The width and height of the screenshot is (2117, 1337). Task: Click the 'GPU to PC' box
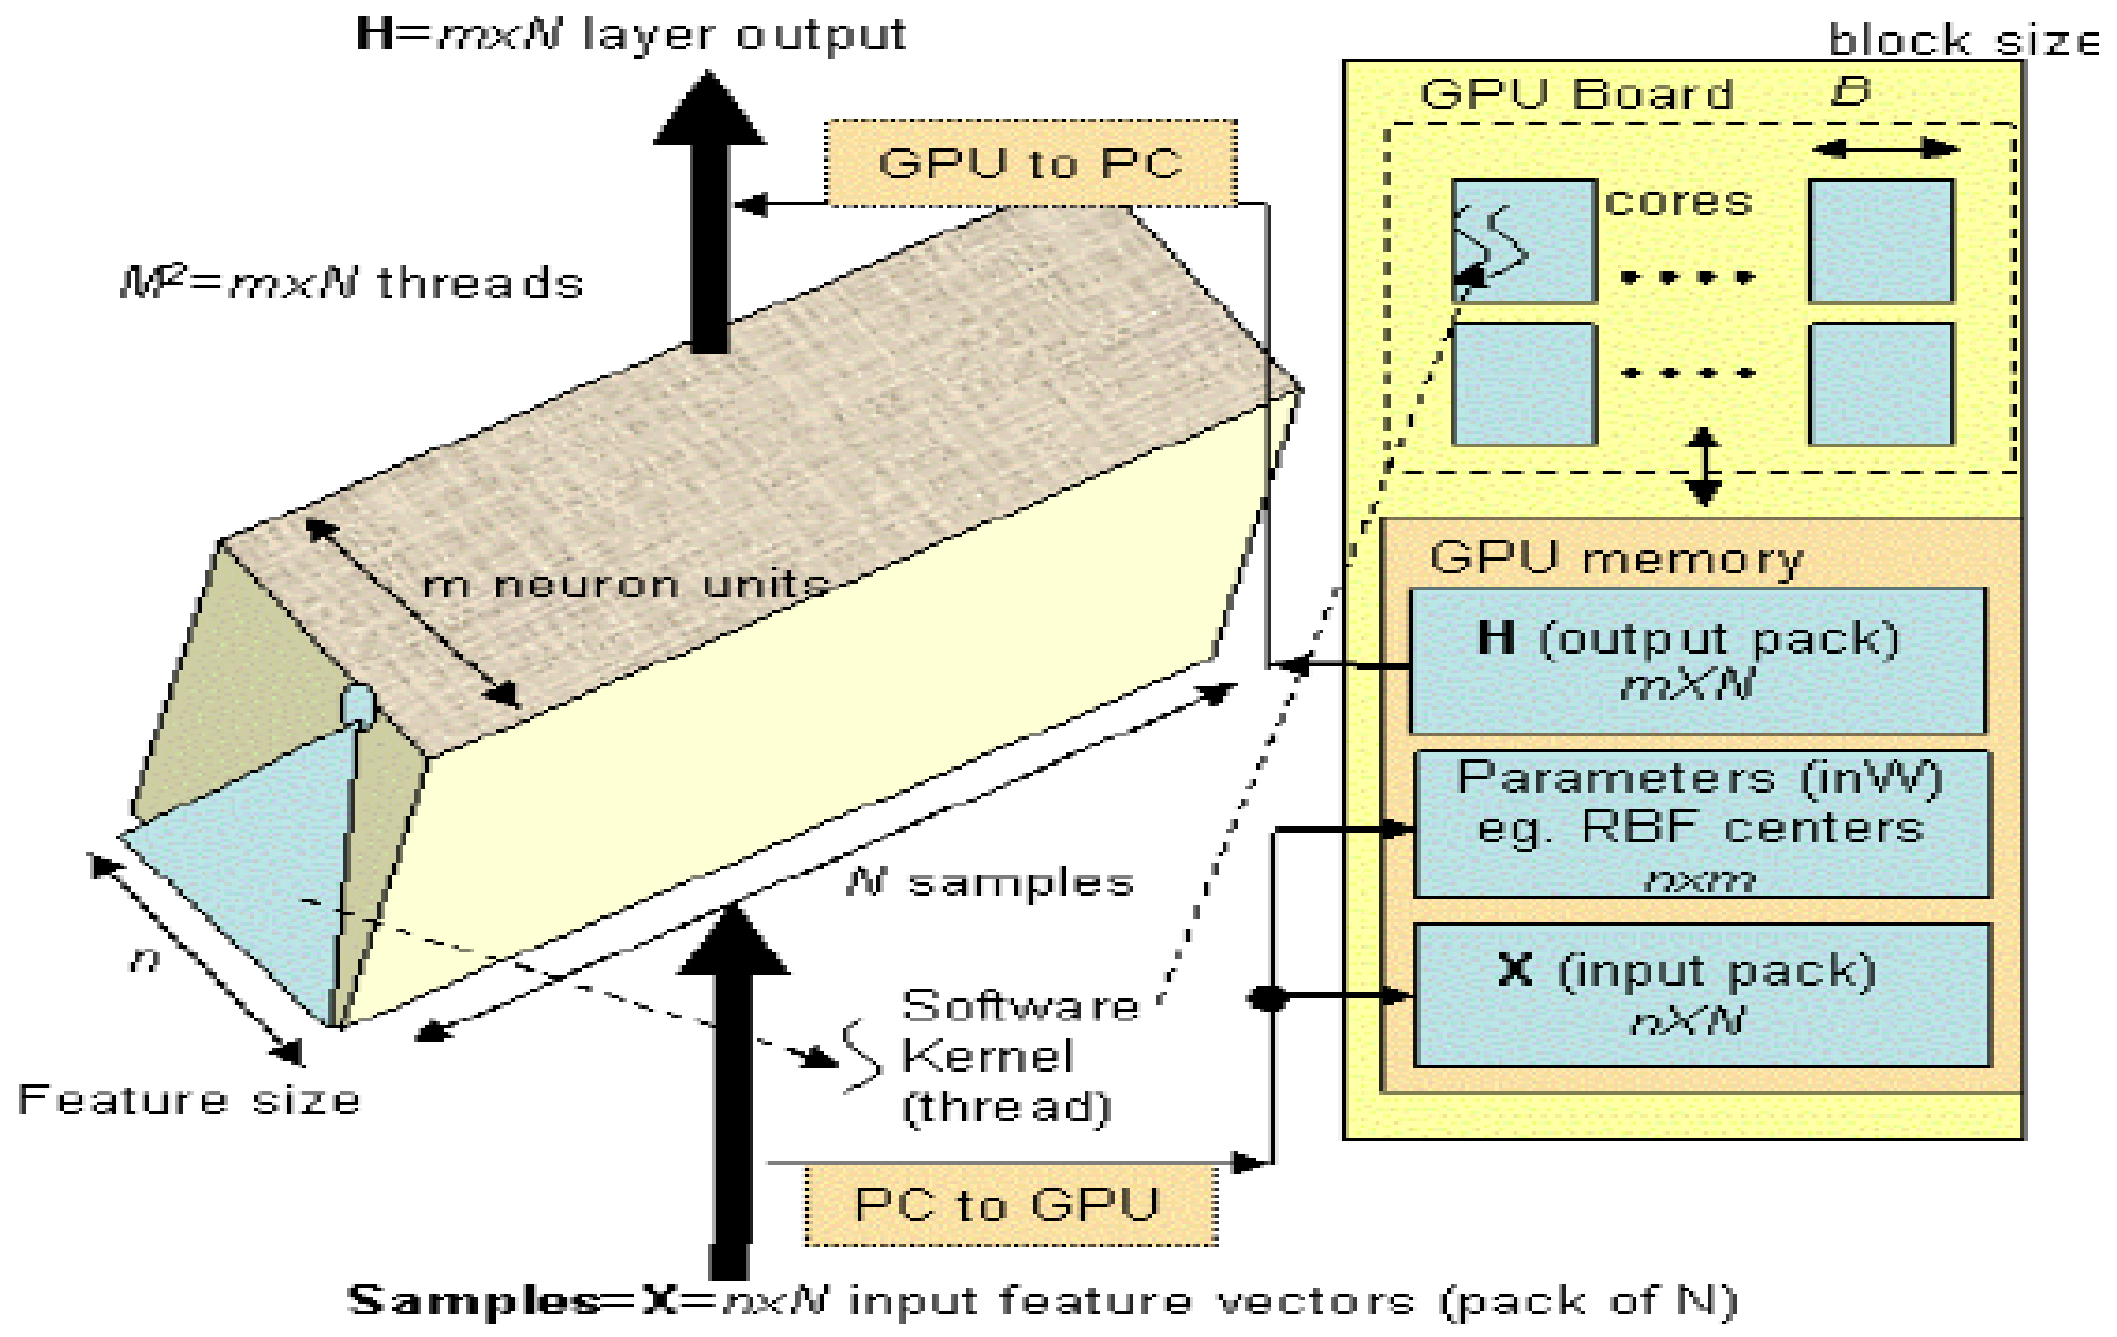1030,164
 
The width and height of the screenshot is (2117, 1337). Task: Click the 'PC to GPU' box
1011,1205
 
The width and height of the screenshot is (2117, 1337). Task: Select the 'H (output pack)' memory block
1696,660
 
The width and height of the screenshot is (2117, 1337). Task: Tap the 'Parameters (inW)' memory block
1701,824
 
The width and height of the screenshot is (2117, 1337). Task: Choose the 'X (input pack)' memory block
1701,995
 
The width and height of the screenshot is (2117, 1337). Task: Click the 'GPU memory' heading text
1616,558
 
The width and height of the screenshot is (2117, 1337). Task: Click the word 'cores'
1678,202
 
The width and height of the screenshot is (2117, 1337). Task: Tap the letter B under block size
1849,91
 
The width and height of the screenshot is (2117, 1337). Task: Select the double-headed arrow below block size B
1886,148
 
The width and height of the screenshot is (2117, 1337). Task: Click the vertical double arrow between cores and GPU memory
1704,467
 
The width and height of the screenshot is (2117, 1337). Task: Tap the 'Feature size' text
189,1100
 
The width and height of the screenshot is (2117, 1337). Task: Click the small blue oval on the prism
357,706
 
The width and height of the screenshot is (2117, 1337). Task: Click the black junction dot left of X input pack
1267,998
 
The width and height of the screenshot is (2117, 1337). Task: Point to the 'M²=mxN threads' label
352,284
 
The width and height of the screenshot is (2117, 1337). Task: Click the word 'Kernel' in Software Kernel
987,1056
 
